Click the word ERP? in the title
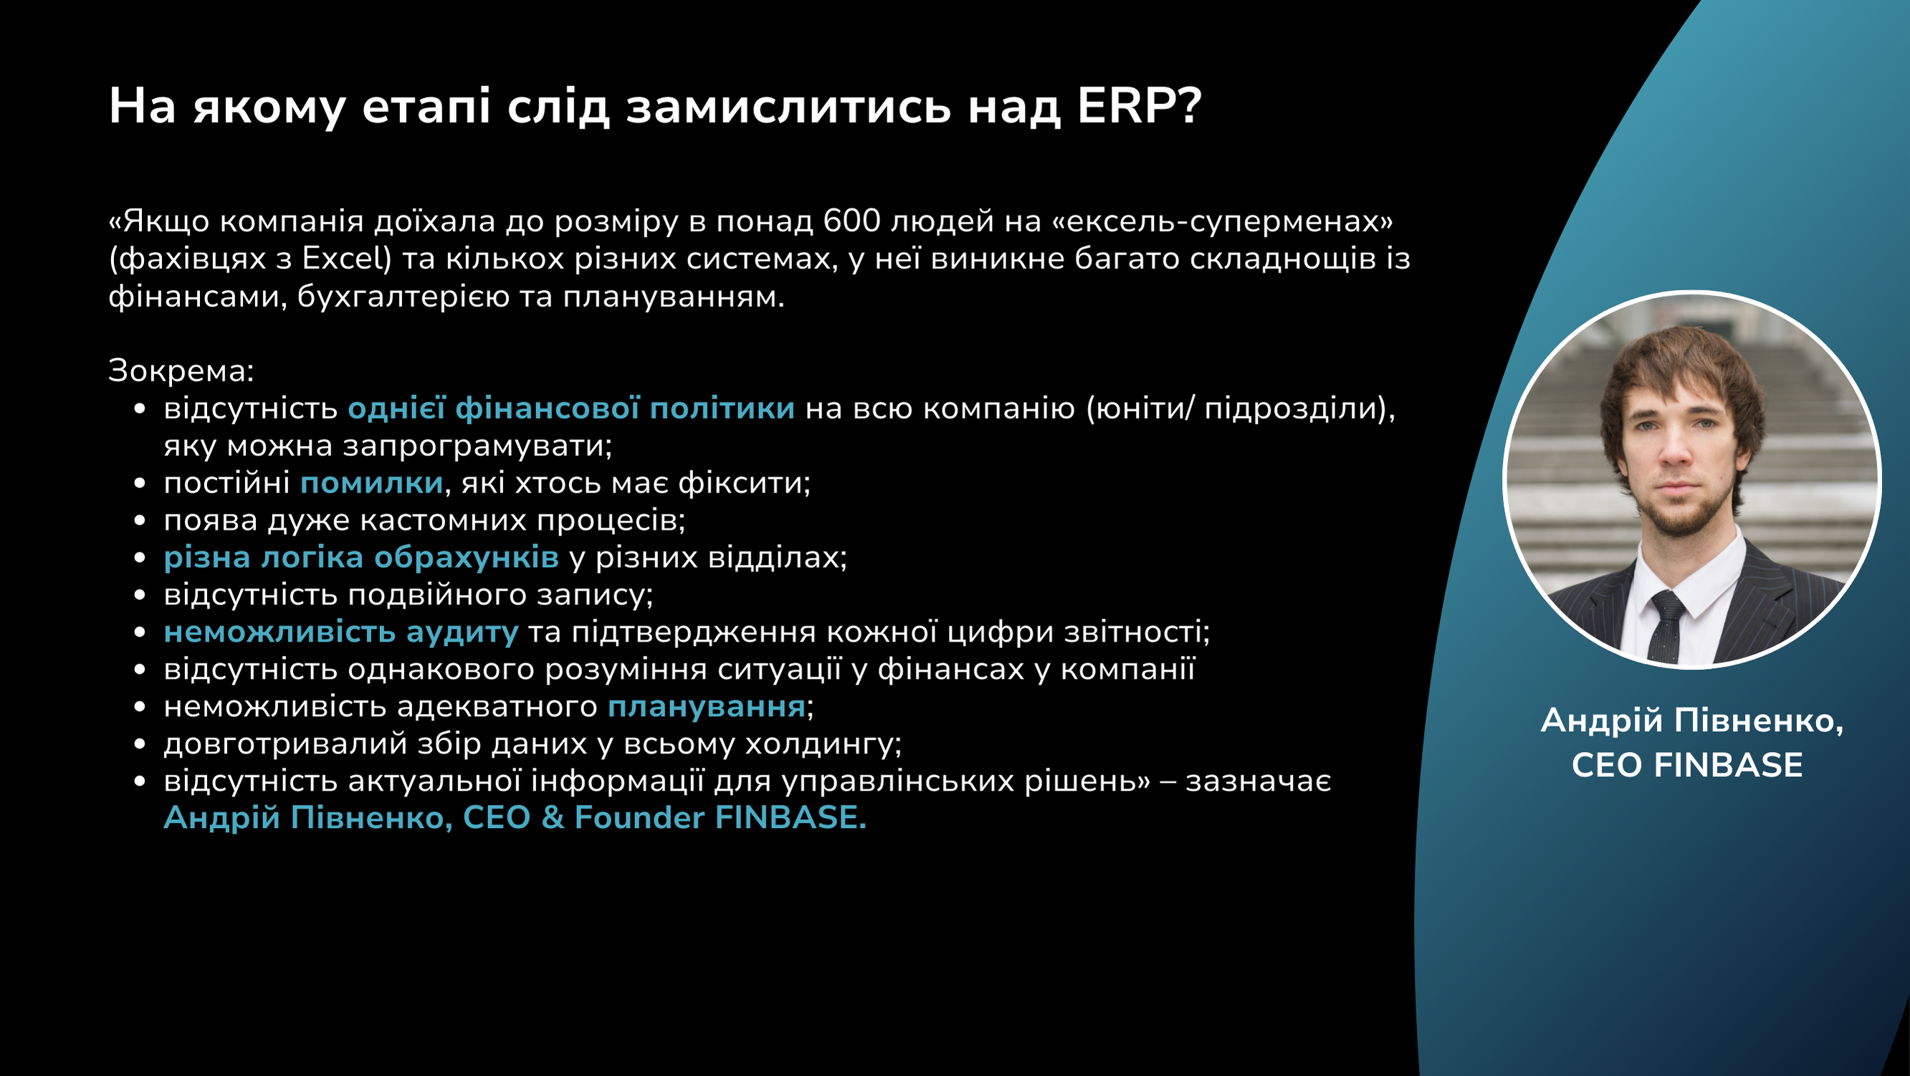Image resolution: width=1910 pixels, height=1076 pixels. pyautogui.click(x=1139, y=106)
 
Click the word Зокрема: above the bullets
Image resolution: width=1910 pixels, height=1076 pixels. pyautogui.click(x=181, y=371)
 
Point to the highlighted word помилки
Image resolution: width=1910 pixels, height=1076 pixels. pyautogui.click(x=371, y=482)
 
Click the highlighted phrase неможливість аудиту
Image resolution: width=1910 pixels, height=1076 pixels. pyautogui.click(x=341, y=632)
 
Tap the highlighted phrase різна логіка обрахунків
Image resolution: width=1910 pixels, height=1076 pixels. pyautogui.click(x=361, y=557)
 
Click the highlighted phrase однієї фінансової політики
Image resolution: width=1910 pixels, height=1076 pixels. pyautogui.click(x=571, y=409)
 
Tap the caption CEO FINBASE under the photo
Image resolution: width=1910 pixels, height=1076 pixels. pyautogui.click(x=1687, y=766)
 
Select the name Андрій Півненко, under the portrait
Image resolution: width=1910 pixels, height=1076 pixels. pyautogui.click(x=1692, y=720)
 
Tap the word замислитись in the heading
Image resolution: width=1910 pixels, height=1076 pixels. pyautogui.click(x=788, y=106)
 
